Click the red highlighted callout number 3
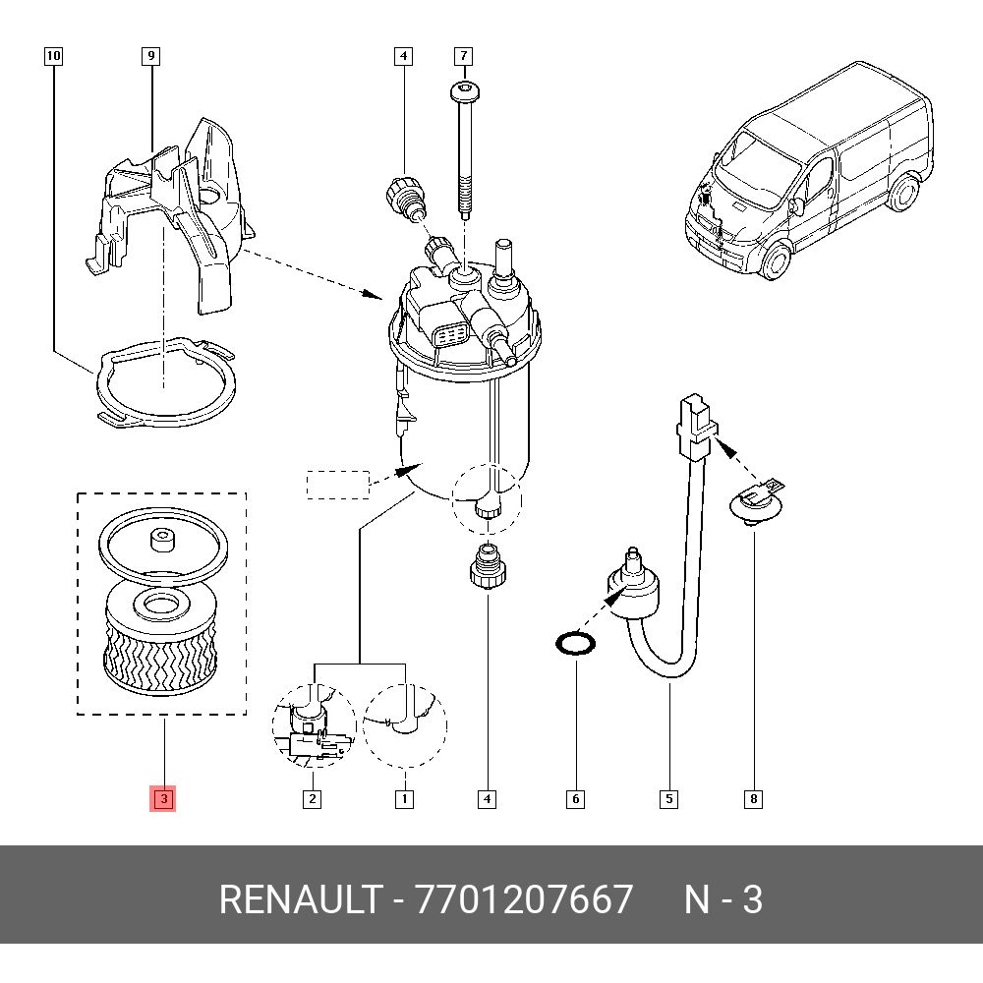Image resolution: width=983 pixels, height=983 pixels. pyautogui.click(x=163, y=799)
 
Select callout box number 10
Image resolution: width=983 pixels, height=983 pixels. pyautogui.click(x=53, y=56)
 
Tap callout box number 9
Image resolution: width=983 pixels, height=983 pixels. pyautogui.click(x=150, y=56)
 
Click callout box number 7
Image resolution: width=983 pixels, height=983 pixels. pyautogui.click(x=463, y=56)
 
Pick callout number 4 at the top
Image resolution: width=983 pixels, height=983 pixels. pyautogui.click(x=403, y=56)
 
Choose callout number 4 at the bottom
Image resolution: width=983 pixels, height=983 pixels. pyautogui.click(x=487, y=799)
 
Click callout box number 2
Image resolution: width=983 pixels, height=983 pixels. pyautogui.click(x=312, y=799)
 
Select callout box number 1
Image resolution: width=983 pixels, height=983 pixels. pyautogui.click(x=403, y=799)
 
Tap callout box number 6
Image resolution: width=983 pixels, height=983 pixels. pyautogui.click(x=576, y=799)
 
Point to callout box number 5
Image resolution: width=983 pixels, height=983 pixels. pyautogui.click(x=668, y=799)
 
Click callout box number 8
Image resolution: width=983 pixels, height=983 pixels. pyautogui.click(x=754, y=799)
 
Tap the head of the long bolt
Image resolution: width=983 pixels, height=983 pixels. pyautogui.click(x=463, y=92)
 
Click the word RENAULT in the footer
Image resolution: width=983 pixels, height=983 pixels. pyautogui.click(x=299, y=899)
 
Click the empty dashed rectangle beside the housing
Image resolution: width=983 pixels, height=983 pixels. pyautogui.click(x=336, y=485)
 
